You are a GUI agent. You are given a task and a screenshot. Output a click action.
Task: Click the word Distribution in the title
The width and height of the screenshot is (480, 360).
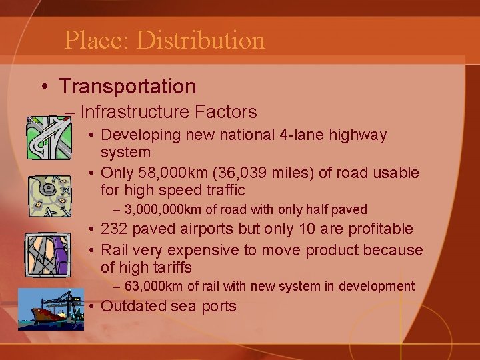point(201,40)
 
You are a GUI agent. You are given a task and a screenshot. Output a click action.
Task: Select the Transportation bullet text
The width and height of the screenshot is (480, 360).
point(127,86)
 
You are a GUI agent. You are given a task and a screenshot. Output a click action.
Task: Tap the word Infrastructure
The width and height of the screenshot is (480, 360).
point(136,111)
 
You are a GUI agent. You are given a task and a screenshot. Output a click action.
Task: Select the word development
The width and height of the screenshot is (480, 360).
point(377,287)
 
